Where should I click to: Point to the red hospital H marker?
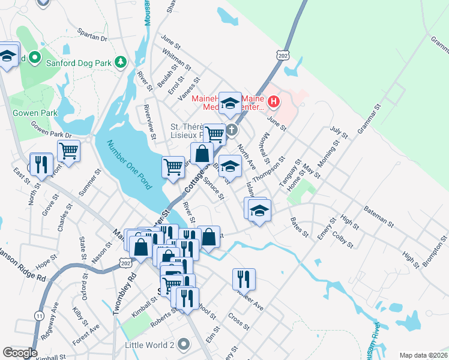pos(273,101)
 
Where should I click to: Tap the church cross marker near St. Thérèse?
pos(232,130)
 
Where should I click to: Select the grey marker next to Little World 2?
pos(184,344)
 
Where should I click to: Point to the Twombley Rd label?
pos(125,295)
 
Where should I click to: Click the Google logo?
pos(20,353)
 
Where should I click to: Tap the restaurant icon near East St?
pos(41,164)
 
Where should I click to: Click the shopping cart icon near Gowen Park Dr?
pos(68,151)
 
